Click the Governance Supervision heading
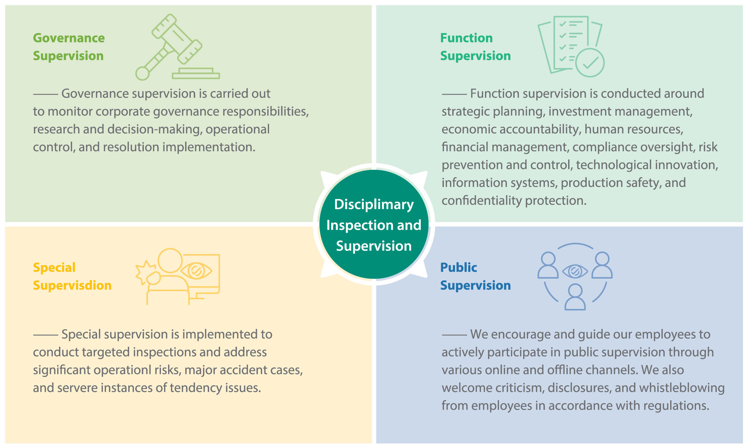point(69,47)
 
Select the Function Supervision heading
point(475,47)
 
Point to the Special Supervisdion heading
point(72,276)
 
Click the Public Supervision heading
point(475,276)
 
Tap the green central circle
point(374,224)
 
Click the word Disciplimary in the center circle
point(374,204)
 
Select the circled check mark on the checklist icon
point(590,63)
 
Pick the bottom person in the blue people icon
point(575,297)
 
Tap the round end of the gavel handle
point(142,73)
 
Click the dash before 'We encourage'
point(454,335)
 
